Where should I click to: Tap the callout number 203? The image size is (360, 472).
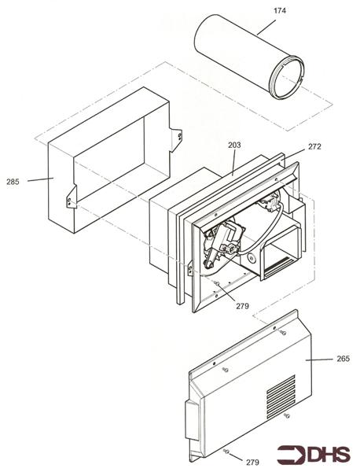[234, 145]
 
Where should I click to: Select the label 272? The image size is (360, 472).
[314, 146]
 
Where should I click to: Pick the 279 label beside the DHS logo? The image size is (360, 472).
[252, 462]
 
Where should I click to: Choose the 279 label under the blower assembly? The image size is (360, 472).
[244, 306]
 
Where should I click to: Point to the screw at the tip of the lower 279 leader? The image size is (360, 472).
[226, 451]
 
